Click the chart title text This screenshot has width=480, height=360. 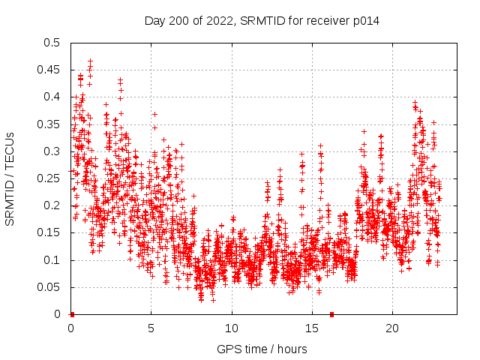point(262,21)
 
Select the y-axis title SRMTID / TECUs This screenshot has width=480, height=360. point(10,178)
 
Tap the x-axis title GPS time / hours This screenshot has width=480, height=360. point(262,349)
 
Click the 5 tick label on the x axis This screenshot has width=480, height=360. point(151,328)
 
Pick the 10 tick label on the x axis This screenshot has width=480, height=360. point(231,328)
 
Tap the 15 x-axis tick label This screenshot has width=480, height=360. point(311,328)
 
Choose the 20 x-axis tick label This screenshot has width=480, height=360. point(391,328)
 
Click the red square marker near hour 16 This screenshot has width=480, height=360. point(331,314)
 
